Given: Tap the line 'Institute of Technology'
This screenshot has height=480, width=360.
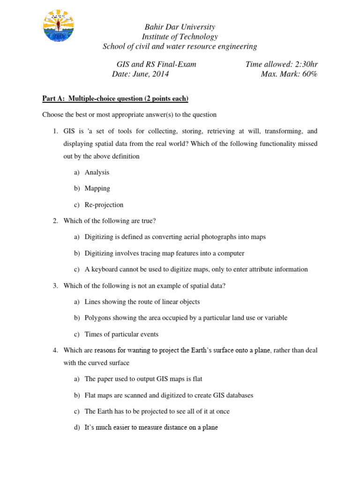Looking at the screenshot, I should coord(180,37).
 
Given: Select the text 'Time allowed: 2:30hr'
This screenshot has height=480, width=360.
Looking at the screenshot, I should coord(281,64).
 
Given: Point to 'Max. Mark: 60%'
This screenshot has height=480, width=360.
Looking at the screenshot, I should coord(289,74).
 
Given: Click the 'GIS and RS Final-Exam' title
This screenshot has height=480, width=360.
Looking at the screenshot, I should coord(156,64).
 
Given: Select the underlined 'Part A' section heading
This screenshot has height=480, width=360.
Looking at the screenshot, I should coord(115,98).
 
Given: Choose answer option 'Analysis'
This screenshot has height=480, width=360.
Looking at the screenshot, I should coord(97,172).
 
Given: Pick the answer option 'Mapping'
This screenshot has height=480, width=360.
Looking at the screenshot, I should coord(97,188).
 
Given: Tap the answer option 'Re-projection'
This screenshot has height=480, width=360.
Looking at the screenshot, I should coord(104,205).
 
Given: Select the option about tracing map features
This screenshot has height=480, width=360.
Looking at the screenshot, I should coord(164,253).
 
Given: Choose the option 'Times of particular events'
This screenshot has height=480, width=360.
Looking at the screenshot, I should coord(121,334).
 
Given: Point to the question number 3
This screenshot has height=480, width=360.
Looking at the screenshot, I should coord(55,285).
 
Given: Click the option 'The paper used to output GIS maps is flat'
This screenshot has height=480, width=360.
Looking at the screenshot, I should coord(143,379).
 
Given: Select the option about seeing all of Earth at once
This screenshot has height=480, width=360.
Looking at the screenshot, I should coord(157,411).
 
